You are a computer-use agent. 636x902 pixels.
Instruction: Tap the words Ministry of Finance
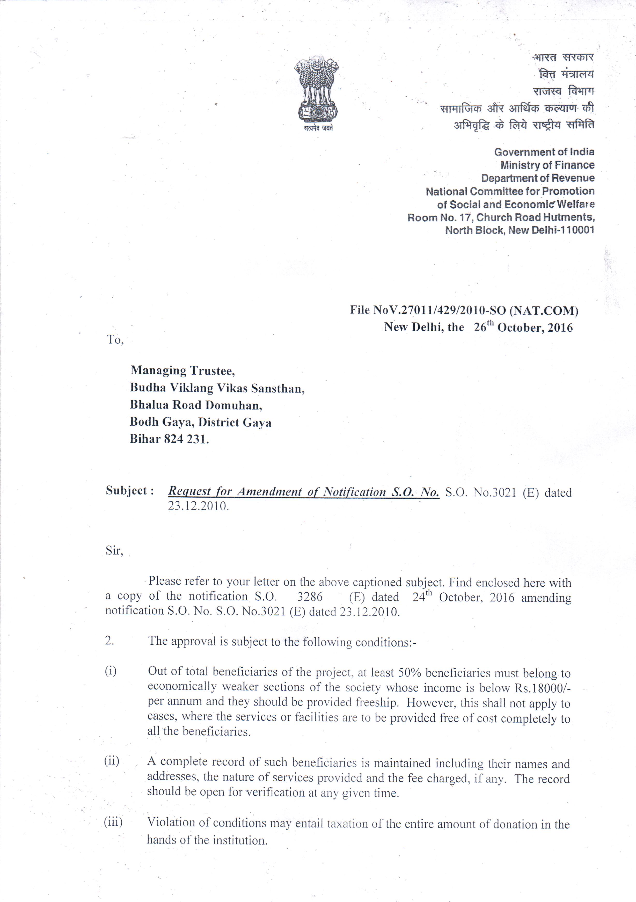pyautogui.click(x=547, y=165)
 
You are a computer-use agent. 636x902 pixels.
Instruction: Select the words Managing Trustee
pyautogui.click(x=183, y=370)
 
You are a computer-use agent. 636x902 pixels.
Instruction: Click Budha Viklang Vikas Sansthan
pyautogui.click(x=217, y=388)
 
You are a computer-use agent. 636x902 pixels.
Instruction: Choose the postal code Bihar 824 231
pyautogui.click(x=169, y=439)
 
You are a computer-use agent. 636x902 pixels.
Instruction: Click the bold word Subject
pyautogui.click(x=127, y=491)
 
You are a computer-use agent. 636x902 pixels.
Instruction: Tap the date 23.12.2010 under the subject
pyautogui.click(x=198, y=506)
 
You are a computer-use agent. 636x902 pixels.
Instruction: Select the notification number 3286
pyautogui.click(x=310, y=597)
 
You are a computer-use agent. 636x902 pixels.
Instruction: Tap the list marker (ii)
pyautogui.click(x=112, y=761)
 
